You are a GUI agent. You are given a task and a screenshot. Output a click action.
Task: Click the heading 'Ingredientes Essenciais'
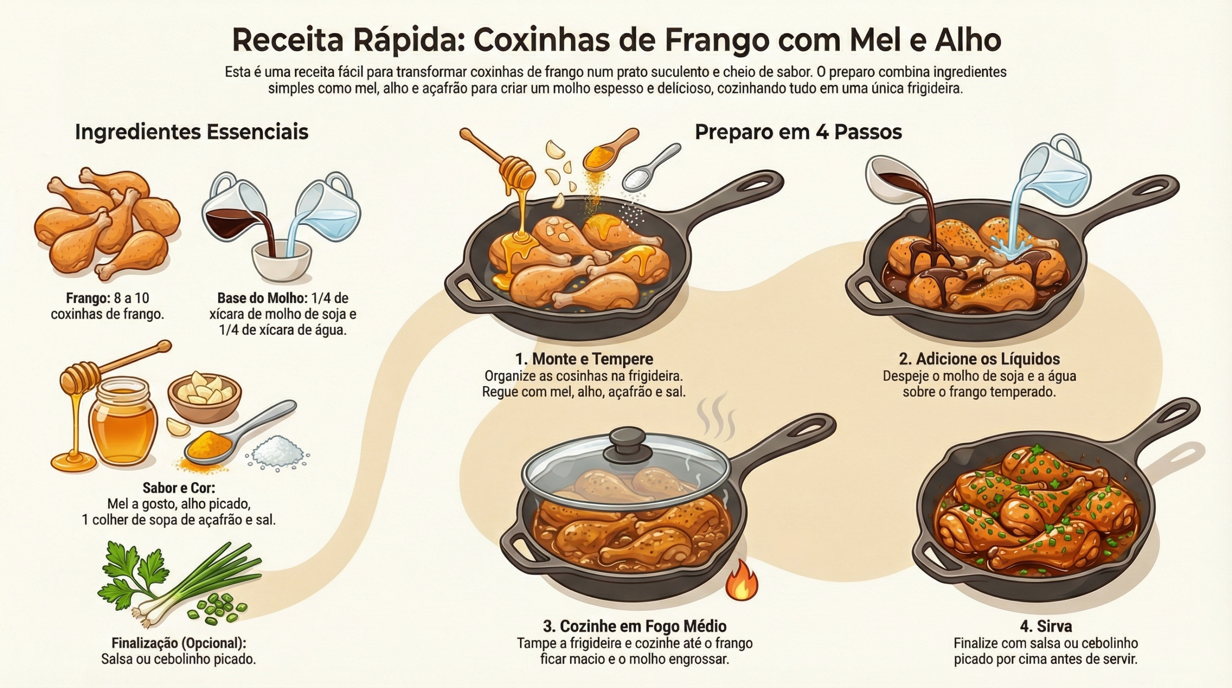click(x=192, y=132)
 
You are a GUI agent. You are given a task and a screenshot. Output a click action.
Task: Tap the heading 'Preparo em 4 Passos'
click(x=798, y=132)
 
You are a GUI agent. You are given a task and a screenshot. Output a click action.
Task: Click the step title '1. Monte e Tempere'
click(x=584, y=359)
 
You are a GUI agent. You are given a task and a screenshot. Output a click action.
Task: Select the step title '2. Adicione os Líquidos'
click(x=979, y=359)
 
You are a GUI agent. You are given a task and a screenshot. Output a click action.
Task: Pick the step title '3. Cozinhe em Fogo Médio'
click(x=634, y=626)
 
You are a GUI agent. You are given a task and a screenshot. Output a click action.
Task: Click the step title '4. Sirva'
click(x=1046, y=626)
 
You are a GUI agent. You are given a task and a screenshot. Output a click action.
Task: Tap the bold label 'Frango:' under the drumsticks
click(x=88, y=299)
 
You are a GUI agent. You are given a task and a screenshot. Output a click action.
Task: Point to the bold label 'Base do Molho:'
click(x=262, y=299)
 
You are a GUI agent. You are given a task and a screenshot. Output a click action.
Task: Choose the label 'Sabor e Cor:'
click(x=179, y=488)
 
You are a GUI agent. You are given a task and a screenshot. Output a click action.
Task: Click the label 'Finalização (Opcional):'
click(x=179, y=643)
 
